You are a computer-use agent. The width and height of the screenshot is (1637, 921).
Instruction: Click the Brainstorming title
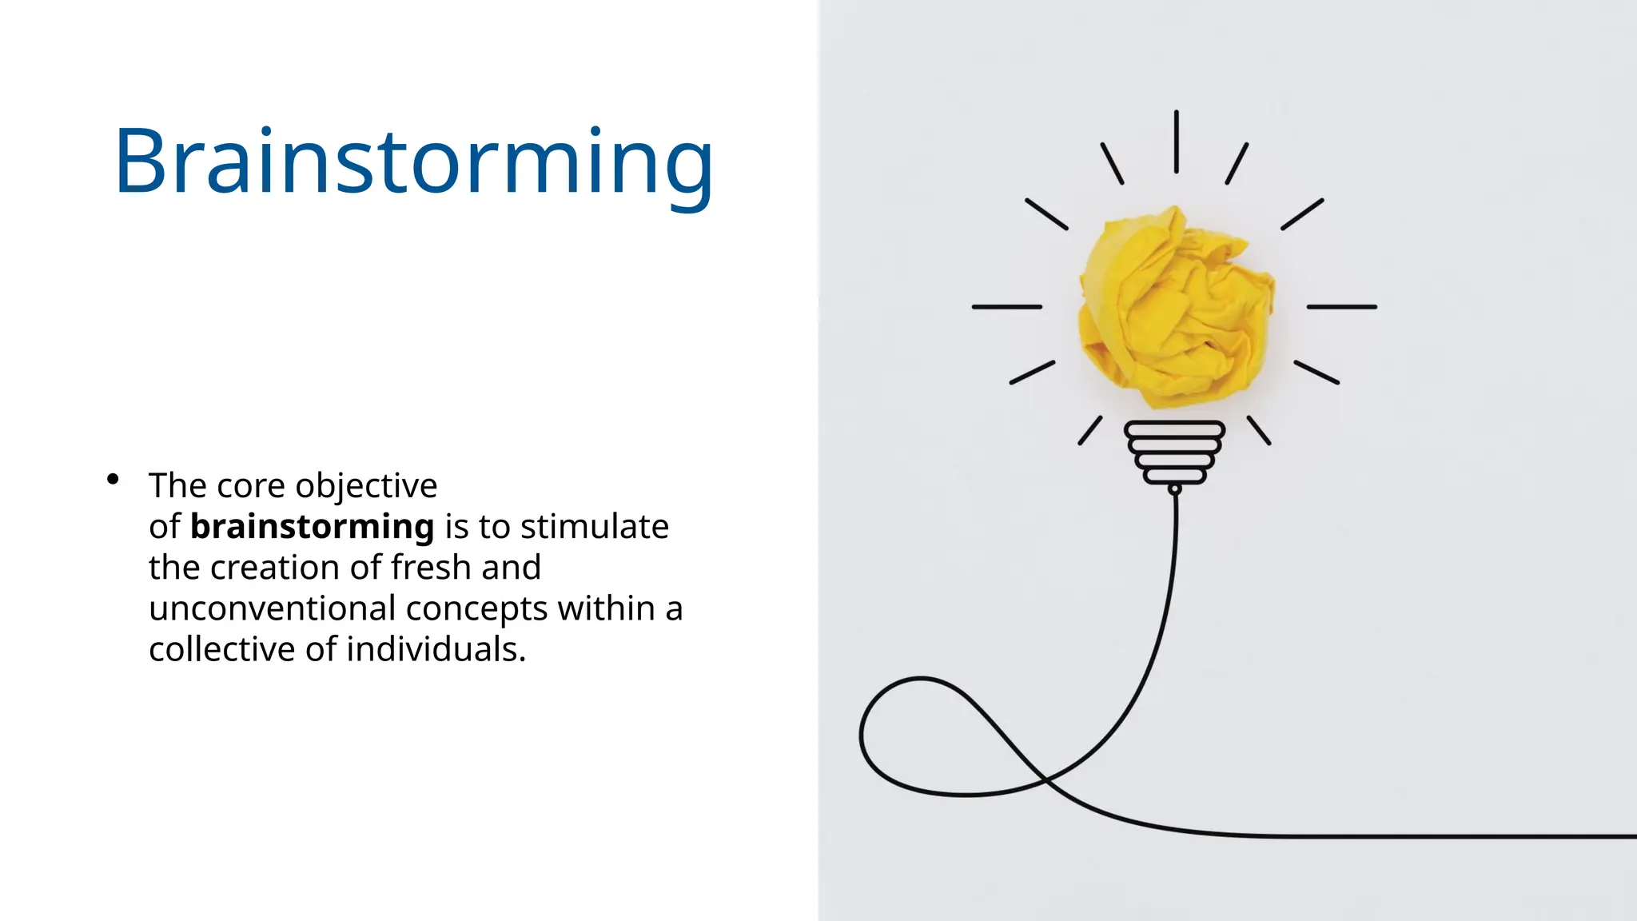coord(413,162)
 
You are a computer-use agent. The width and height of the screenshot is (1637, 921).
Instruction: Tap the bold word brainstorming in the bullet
coord(312,527)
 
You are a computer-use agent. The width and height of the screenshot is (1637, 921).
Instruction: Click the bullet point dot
coord(113,479)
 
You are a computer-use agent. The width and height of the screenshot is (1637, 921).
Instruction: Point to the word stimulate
coord(594,527)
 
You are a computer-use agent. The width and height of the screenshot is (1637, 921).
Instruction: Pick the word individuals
coord(436,649)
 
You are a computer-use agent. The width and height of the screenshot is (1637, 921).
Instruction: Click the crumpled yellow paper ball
coord(1175,308)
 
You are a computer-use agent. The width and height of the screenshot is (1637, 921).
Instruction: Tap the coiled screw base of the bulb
coord(1174,453)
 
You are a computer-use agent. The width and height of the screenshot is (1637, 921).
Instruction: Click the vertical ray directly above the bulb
coord(1176,142)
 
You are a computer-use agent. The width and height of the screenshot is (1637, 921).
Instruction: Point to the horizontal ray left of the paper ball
coord(1006,307)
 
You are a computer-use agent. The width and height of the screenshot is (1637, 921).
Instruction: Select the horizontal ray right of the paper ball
coord(1341,307)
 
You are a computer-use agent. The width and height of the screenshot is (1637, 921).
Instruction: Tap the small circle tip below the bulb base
coord(1174,489)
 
